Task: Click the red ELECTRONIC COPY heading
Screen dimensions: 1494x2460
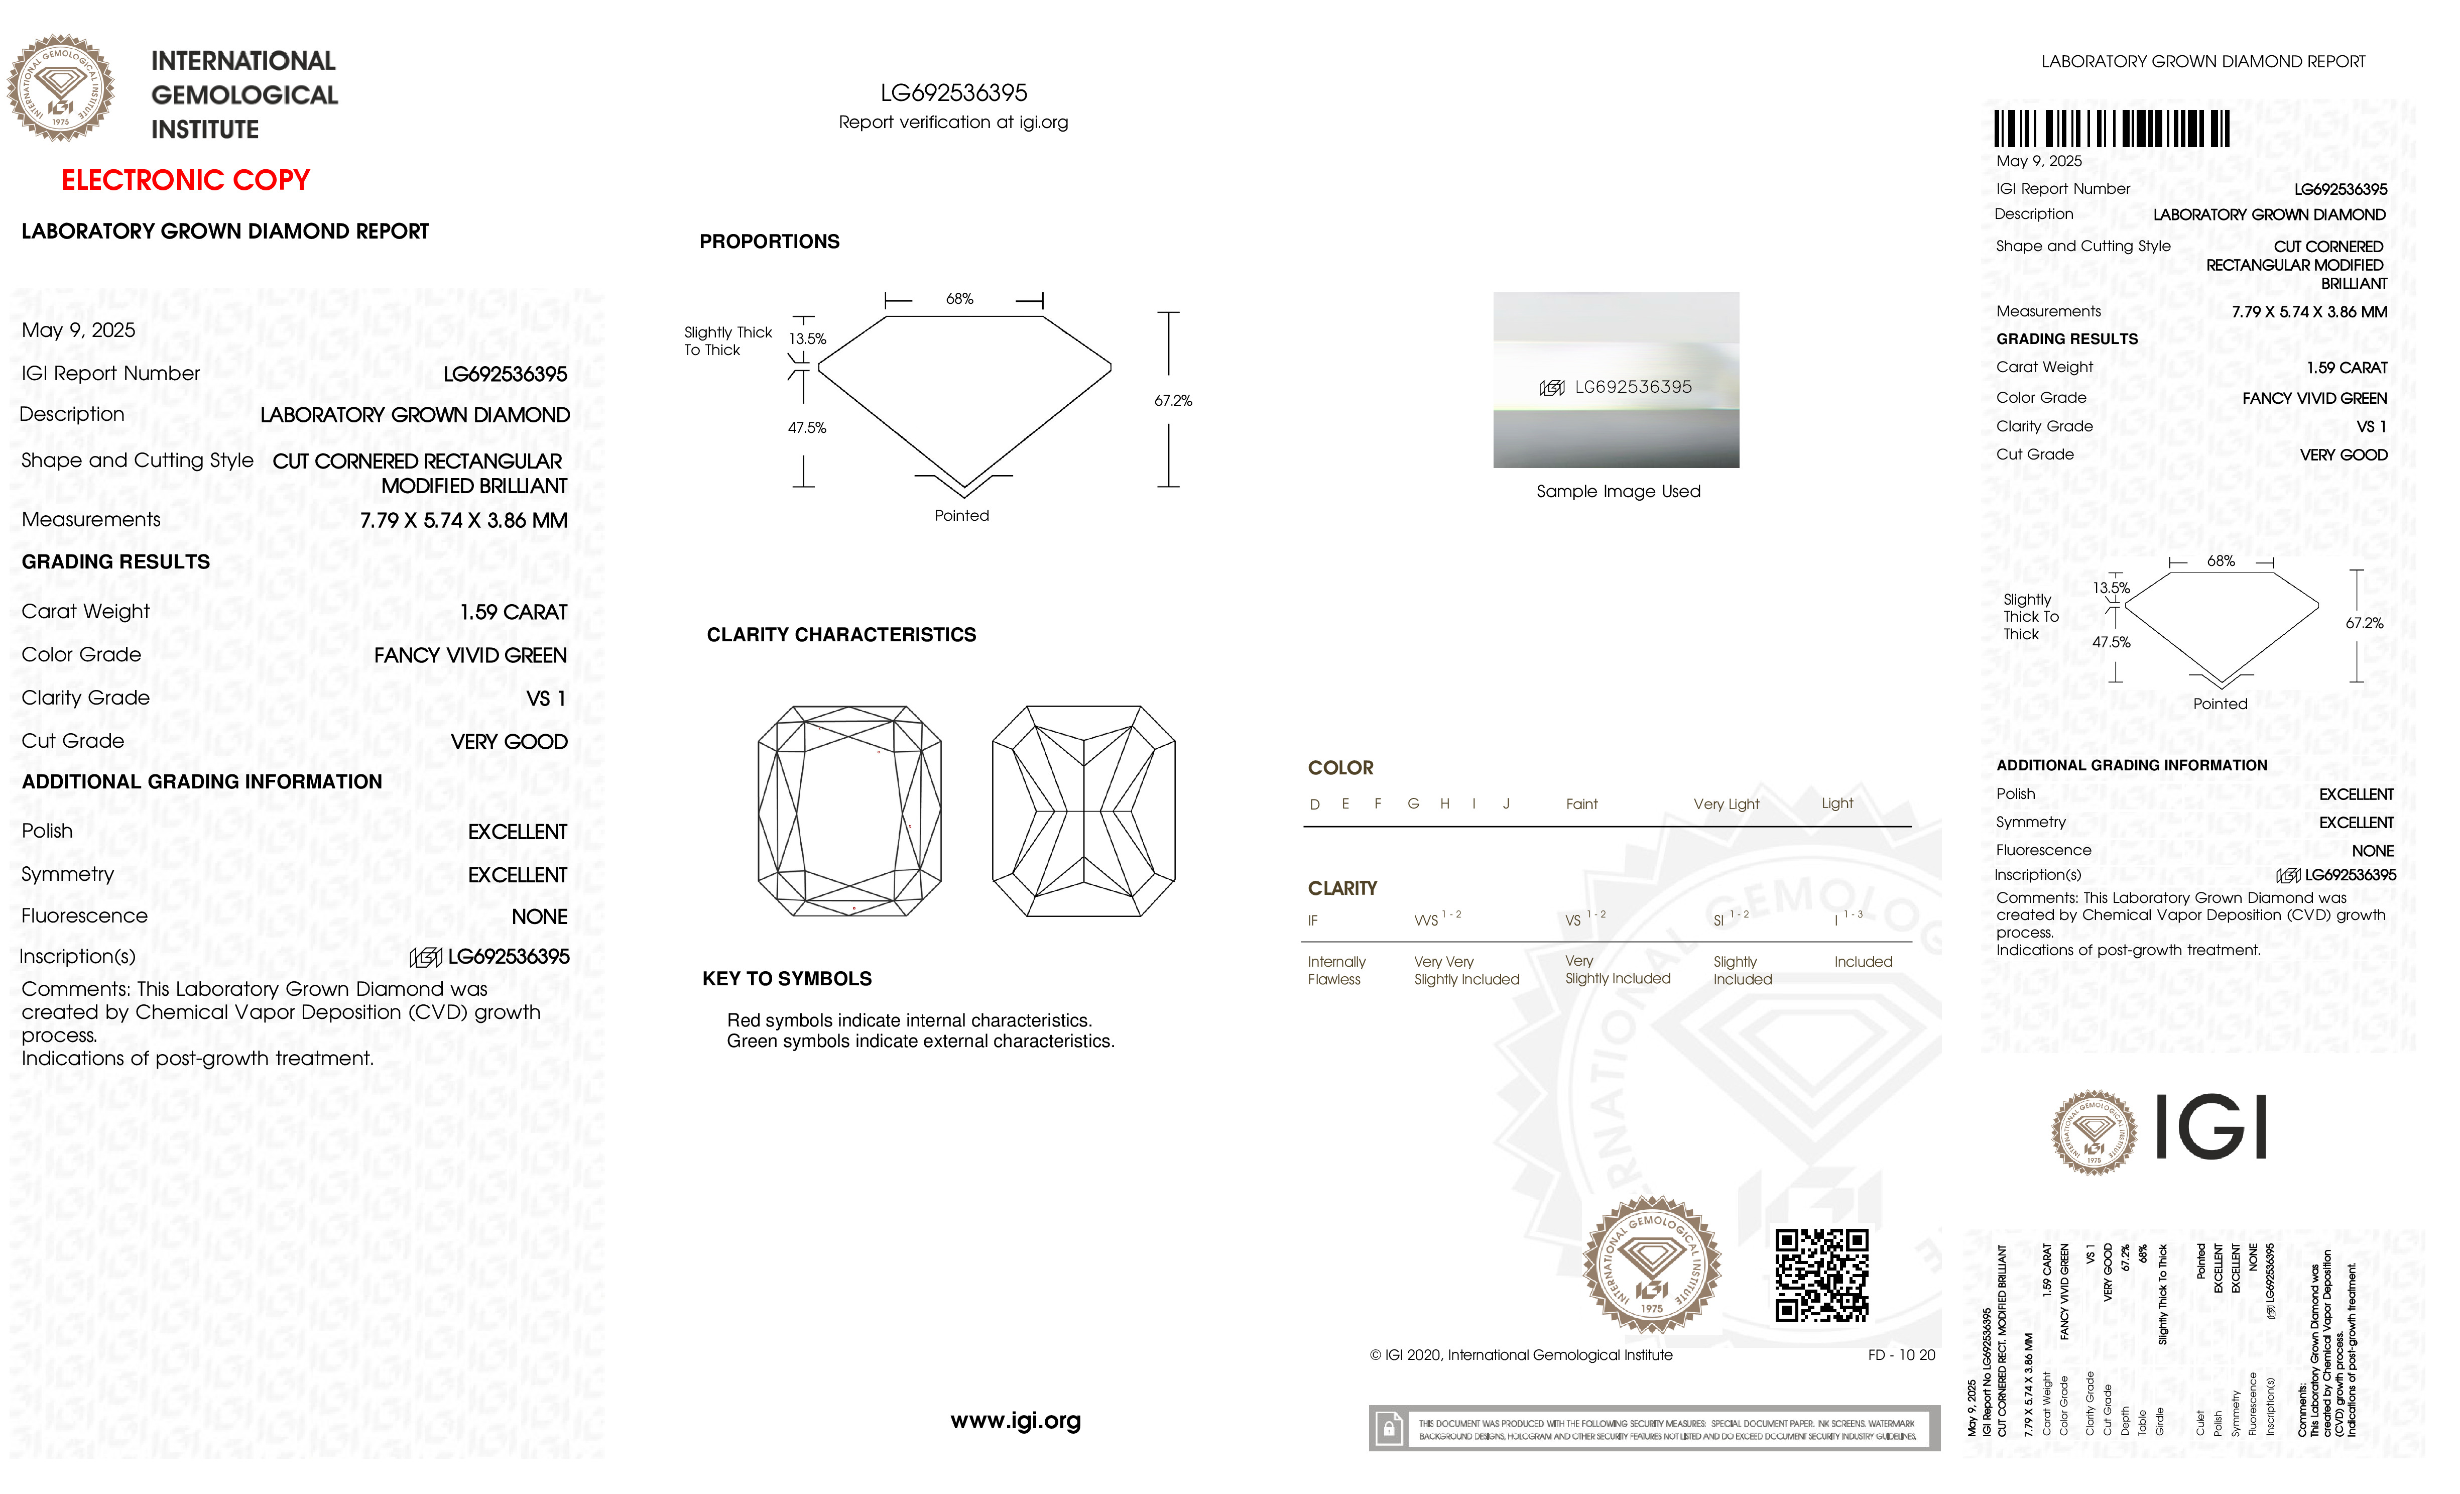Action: coord(186,181)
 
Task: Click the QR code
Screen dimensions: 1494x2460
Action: coord(1821,1275)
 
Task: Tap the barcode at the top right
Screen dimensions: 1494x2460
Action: coord(2112,129)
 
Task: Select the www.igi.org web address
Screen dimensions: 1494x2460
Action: coord(1015,1420)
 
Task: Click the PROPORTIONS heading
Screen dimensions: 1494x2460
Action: coord(769,242)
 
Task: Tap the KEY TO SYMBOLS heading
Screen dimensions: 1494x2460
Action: coord(787,979)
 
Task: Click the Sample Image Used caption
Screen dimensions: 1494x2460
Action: coord(1618,491)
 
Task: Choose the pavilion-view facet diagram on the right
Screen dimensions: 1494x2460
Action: coord(1083,811)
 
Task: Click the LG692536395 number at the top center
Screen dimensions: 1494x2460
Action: coord(953,93)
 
